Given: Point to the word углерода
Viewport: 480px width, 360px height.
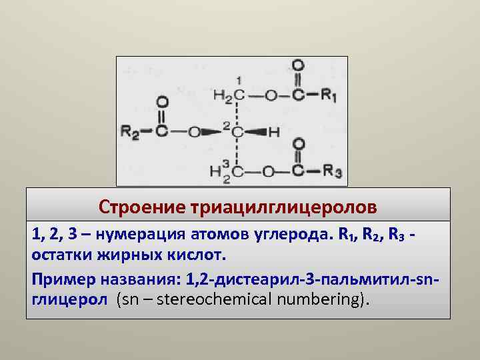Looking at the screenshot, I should [290, 235].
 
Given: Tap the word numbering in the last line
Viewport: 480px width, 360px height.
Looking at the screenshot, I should [320, 299].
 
